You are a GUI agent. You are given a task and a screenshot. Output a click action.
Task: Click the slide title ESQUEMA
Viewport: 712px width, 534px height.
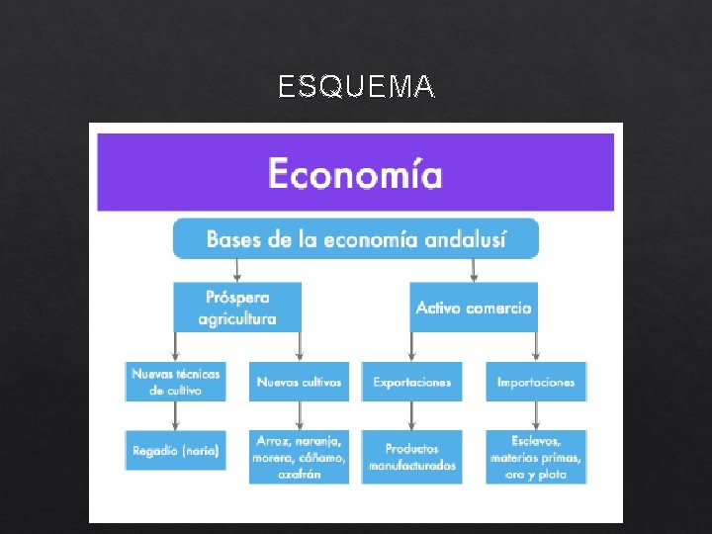(x=356, y=88)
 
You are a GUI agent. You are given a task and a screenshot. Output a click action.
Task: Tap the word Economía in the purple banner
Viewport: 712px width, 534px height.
(x=355, y=174)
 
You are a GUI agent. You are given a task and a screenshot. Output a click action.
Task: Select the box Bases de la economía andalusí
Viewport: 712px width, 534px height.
(x=356, y=239)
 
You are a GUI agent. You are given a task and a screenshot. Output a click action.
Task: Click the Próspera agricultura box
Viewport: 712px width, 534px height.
(x=237, y=307)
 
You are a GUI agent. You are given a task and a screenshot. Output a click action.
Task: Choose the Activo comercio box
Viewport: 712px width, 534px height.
(x=474, y=308)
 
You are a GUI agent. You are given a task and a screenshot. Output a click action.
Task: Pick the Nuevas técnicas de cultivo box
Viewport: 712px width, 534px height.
(x=175, y=381)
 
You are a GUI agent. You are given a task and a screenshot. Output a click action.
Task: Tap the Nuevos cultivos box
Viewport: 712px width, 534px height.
(x=299, y=382)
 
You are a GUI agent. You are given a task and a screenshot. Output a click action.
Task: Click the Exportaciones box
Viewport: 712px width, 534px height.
(x=412, y=382)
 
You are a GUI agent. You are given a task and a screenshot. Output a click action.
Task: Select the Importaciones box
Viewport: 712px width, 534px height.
(x=536, y=382)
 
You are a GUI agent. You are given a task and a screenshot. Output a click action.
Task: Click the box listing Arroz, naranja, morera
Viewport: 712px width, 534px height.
(x=299, y=456)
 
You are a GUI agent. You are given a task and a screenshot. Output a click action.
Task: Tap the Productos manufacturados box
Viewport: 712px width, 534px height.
(x=412, y=456)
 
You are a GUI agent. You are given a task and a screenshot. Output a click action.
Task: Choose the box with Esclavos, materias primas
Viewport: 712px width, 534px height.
(x=536, y=456)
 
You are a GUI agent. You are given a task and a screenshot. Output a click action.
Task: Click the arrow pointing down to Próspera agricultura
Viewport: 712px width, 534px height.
(x=237, y=270)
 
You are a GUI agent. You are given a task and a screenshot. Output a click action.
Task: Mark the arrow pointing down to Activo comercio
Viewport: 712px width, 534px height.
(x=475, y=270)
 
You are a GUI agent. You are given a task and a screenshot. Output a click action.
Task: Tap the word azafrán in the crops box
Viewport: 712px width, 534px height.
(x=299, y=474)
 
